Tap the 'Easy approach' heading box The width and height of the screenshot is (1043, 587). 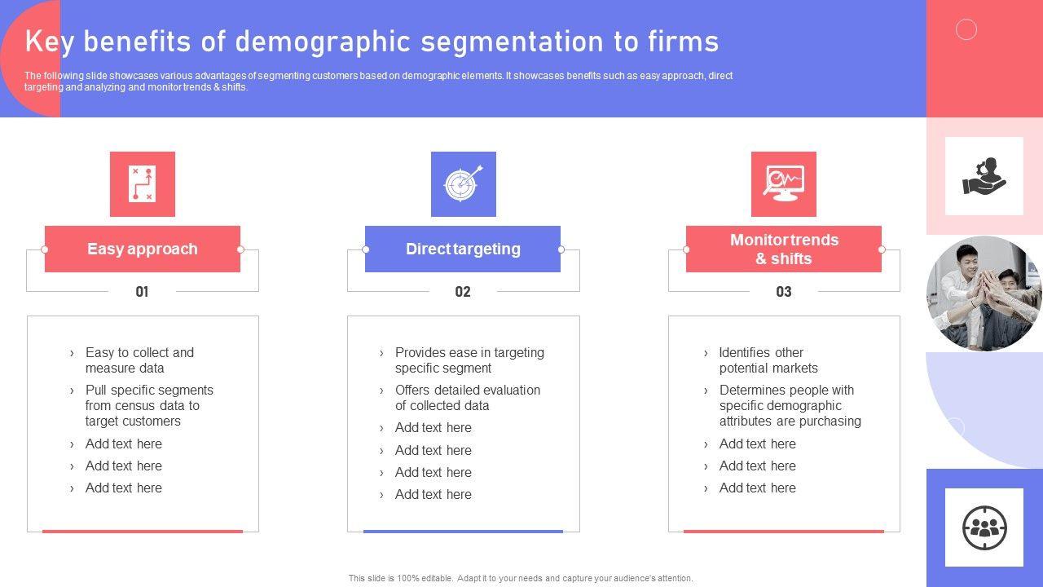pyautogui.click(x=143, y=249)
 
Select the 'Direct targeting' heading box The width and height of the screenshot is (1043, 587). pyautogui.click(x=463, y=249)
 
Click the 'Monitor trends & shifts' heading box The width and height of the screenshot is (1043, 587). pyautogui.click(x=784, y=249)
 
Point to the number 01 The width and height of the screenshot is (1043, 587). pyautogui.click(x=142, y=292)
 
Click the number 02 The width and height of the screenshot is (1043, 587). pyautogui.click(x=463, y=292)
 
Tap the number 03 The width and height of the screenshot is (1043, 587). pyautogui.click(x=784, y=292)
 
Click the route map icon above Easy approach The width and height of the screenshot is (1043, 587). pyautogui.click(x=143, y=184)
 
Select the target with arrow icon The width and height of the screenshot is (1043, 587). pyautogui.click(x=464, y=184)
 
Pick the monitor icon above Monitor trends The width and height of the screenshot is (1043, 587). pyautogui.click(x=784, y=184)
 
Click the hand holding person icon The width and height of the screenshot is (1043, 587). pyautogui.click(x=984, y=176)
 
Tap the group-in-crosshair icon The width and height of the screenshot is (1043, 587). pyautogui.click(x=984, y=527)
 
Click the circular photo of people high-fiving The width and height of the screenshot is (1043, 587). pyautogui.click(x=984, y=293)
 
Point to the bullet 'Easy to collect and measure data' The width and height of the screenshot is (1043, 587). pyautogui.click(x=139, y=360)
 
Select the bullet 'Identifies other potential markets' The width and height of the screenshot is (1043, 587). pyautogui.click(x=768, y=360)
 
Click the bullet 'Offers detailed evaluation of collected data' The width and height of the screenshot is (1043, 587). pyautogui.click(x=468, y=398)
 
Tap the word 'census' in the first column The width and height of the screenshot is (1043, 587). pyautogui.click(x=147, y=406)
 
